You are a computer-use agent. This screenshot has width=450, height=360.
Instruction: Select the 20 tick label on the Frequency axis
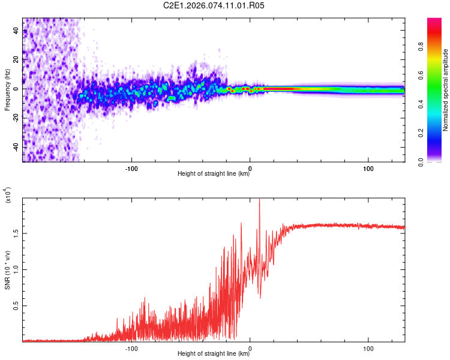16,59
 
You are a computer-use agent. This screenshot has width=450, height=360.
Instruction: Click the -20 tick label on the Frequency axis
16,118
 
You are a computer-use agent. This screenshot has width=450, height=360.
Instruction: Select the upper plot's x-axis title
214,174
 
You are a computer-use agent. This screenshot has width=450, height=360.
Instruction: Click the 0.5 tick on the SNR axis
16,305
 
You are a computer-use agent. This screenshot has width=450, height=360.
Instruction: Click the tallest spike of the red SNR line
259,200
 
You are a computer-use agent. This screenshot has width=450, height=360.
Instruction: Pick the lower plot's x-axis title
214,354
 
